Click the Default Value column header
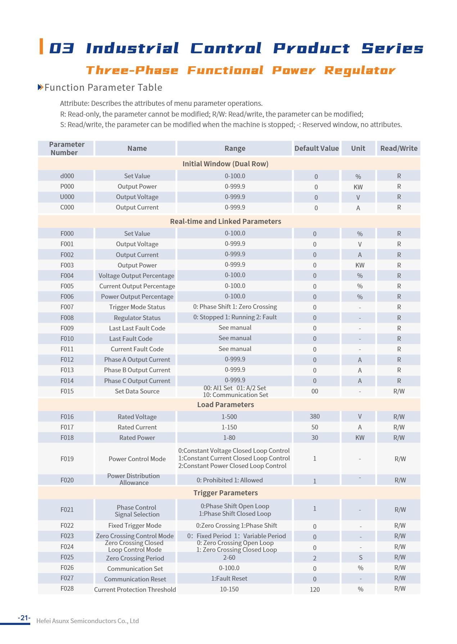point(316,148)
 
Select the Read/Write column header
point(399,148)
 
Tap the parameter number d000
point(67,176)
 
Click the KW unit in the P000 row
point(358,187)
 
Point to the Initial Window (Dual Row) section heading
point(225,164)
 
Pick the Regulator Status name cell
point(137,318)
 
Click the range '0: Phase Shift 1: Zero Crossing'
point(235,307)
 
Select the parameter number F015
point(67,391)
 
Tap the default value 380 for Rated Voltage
point(315,416)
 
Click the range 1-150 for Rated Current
point(229,427)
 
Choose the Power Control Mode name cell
point(137,459)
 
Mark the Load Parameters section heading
point(225,405)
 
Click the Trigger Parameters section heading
point(225,493)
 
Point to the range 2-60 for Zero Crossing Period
point(229,558)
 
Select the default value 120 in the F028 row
point(315,589)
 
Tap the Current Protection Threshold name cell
point(135,590)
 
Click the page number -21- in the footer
point(24,618)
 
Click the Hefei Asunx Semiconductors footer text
point(87,621)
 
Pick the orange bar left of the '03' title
point(41,46)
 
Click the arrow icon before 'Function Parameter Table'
point(40,87)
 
